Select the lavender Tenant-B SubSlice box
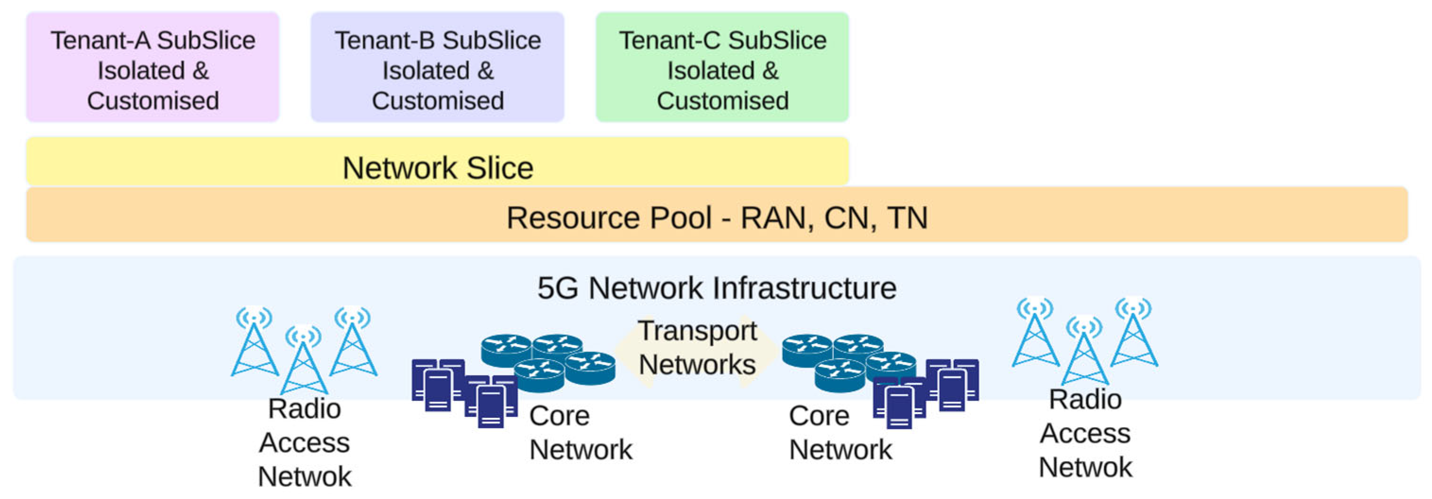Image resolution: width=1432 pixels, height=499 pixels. pyautogui.click(x=437, y=67)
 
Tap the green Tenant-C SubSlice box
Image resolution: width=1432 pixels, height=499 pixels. pyautogui.click(x=722, y=67)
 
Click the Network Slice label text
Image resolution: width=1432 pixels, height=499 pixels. pyautogui.click(x=437, y=168)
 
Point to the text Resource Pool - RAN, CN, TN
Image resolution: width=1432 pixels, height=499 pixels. pyautogui.click(x=717, y=217)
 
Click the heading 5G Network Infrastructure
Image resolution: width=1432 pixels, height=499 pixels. pyautogui.click(x=717, y=288)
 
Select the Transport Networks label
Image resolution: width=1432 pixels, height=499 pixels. pyautogui.click(x=697, y=348)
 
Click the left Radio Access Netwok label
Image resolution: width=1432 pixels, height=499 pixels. pyautogui.click(x=304, y=442)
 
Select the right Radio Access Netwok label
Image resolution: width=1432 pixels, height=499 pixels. pyautogui.click(x=1085, y=433)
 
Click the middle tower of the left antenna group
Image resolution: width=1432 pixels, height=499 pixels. pyautogui.click(x=303, y=361)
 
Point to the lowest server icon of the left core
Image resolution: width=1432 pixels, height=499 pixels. pyautogui.click(x=490, y=407)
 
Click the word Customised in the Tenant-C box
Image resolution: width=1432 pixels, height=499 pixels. pyautogui.click(x=722, y=101)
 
